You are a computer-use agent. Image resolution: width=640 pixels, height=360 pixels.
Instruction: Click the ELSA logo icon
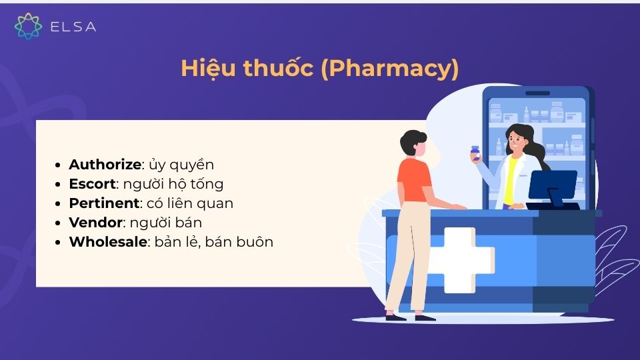[x=28, y=26]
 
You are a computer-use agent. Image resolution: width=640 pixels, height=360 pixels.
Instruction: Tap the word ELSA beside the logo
[x=73, y=27]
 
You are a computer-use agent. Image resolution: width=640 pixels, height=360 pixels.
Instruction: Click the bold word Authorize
[x=105, y=165]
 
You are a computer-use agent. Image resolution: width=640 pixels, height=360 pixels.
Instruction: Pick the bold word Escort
[x=92, y=184]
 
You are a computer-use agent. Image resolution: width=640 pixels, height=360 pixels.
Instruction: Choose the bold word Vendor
[x=95, y=223]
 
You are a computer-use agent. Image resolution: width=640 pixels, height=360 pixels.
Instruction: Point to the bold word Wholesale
[x=108, y=242]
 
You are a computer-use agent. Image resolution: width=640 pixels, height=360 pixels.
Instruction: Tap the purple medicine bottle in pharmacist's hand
[x=475, y=153]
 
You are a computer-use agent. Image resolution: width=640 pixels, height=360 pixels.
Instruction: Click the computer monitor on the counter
[x=552, y=185]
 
